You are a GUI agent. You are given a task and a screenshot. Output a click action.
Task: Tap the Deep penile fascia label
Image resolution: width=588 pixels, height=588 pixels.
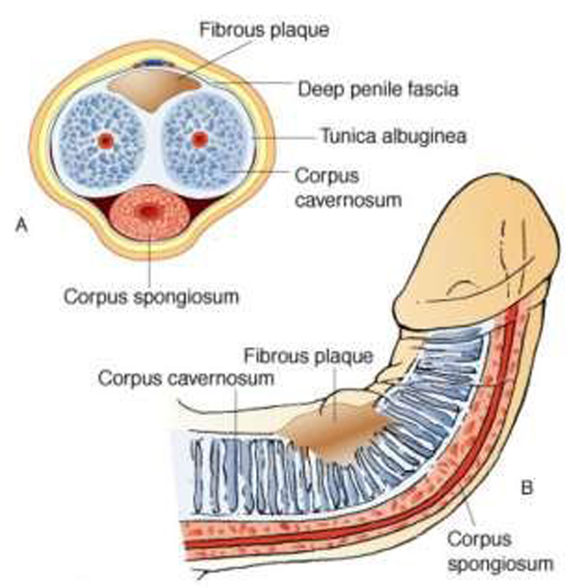378,89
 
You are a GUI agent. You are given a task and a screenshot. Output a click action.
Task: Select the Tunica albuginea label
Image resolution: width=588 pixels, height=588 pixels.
393,136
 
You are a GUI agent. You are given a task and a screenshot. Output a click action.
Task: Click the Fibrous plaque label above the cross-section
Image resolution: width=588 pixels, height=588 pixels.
264,30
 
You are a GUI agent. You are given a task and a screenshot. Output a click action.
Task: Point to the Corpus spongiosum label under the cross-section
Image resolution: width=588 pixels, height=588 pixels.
151,296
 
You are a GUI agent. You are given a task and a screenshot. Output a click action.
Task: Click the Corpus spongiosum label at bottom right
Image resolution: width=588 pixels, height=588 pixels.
500,551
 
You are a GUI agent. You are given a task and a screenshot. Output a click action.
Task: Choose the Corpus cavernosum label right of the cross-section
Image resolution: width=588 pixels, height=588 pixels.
348,188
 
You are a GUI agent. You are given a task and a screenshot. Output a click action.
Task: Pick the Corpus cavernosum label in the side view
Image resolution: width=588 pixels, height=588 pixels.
186,378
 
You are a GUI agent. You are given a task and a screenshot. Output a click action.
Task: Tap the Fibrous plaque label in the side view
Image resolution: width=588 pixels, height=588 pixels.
308,355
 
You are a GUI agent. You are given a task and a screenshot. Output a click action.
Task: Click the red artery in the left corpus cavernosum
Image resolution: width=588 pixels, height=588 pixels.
105,141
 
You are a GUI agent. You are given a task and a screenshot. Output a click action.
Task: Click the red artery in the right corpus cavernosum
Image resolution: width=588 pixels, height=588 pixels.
198,140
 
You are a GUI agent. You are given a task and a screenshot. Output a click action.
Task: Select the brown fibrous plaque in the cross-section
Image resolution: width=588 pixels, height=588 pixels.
154,91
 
